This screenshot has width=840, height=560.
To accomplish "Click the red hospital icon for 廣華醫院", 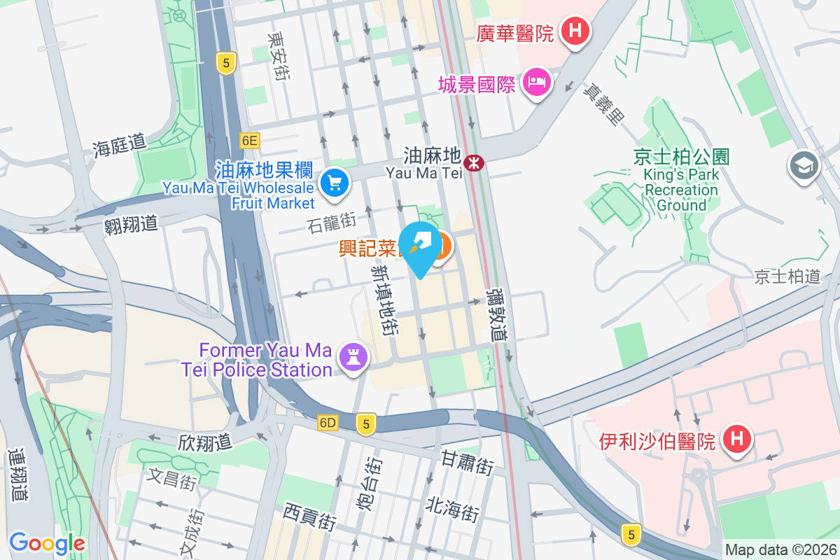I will (575, 31).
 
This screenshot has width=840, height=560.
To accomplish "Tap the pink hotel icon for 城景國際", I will (537, 83).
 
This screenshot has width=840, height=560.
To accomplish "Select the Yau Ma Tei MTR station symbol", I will (475, 163).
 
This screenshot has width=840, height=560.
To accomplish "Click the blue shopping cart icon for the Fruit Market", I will (334, 183).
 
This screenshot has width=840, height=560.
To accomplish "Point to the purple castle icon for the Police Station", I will (353, 358).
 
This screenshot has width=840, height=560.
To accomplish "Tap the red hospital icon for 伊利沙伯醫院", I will (736, 440).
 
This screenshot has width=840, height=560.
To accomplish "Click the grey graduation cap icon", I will (803, 166).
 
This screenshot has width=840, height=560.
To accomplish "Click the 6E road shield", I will (249, 141).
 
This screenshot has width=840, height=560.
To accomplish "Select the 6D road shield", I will (328, 423).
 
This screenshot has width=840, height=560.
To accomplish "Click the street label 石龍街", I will (331, 223).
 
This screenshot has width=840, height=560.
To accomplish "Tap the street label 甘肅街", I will (468, 463).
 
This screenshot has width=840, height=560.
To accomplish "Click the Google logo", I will (47, 542).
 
